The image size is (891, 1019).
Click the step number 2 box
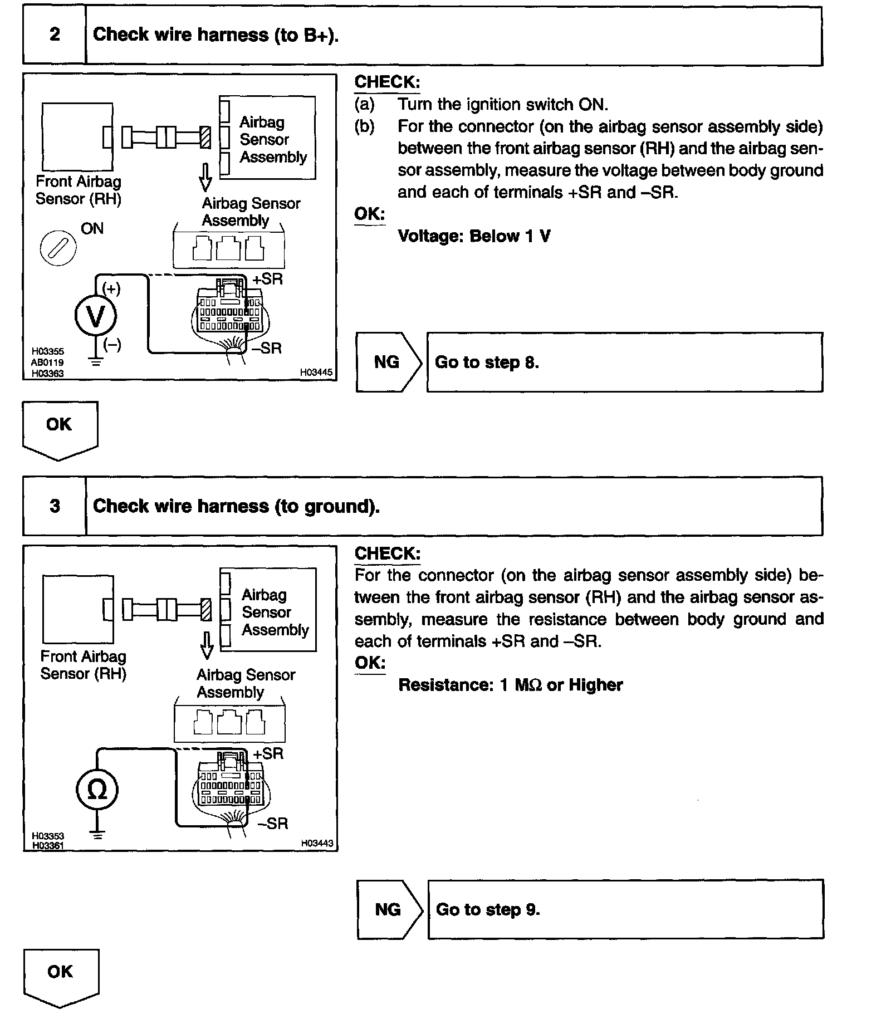point(55,35)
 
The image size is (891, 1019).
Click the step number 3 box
point(55,506)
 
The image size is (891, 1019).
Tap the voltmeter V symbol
point(96,316)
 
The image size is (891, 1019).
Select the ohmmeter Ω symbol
point(97,790)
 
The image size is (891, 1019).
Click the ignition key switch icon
point(58,247)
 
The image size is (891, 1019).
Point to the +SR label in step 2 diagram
point(268,279)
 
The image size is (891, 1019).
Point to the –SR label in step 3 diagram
point(273,824)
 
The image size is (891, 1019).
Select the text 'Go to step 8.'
point(487,362)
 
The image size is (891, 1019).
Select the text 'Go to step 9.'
point(488,910)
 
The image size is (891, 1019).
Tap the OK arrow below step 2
point(60,429)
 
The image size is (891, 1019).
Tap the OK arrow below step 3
point(61,977)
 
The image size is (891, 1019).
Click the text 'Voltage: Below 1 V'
point(474,236)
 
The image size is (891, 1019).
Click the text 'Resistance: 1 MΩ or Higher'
point(511,685)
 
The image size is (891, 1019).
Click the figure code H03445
point(316,372)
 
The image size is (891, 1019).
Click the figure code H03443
point(317,844)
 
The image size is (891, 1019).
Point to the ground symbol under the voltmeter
point(96,362)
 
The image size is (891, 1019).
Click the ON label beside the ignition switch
point(92,228)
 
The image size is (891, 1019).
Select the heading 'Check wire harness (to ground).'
point(236,506)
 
